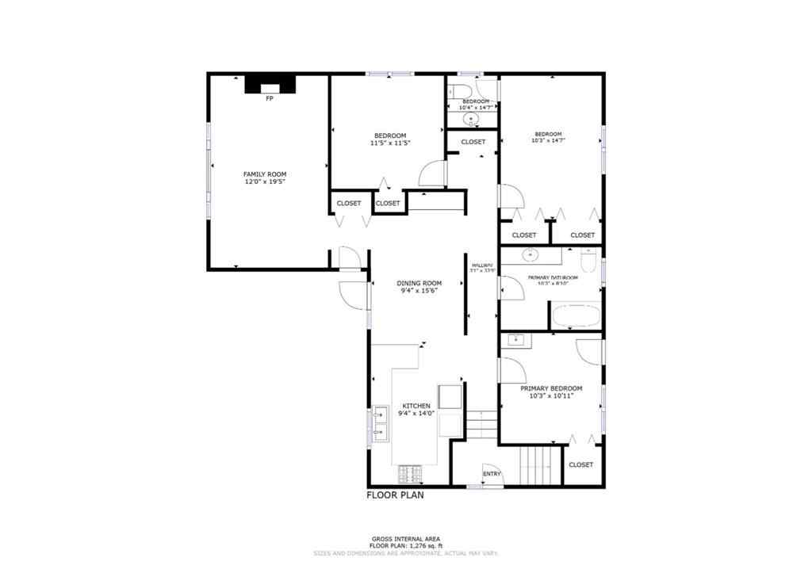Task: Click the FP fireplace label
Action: click(x=270, y=98)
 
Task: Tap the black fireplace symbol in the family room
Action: click(x=270, y=83)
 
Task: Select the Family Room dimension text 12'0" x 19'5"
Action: click(x=265, y=182)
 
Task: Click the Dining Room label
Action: click(x=419, y=283)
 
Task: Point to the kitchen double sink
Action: click(x=381, y=422)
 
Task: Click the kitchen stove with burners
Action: click(x=410, y=474)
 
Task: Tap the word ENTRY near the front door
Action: click(x=492, y=475)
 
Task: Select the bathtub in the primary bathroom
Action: click(x=575, y=315)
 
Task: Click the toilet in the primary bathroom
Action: click(x=588, y=259)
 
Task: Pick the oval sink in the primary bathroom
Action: click(x=530, y=255)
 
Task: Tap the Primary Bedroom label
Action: click(x=551, y=388)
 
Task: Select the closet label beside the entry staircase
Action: click(x=580, y=464)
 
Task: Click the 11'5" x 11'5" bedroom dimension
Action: click(x=389, y=143)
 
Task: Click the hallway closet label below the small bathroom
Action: click(x=473, y=142)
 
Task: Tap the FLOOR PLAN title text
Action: click(x=395, y=496)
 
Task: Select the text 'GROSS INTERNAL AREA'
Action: click(x=405, y=539)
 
